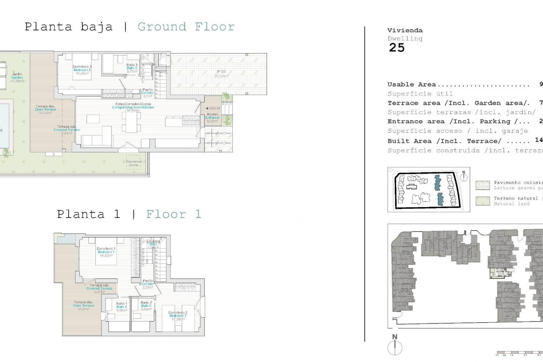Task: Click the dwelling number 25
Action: [x=397, y=48]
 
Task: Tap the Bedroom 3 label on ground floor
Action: [x=82, y=70]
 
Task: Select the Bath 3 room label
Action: [x=132, y=68]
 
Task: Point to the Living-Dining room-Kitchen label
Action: [x=133, y=107]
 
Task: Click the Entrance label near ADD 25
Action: [x=212, y=117]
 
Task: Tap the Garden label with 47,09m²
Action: [x=17, y=77]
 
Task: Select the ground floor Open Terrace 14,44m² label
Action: [x=45, y=109]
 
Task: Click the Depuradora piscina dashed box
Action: [x=133, y=163]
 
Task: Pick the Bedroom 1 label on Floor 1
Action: [x=106, y=252]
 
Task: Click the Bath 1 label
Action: [x=122, y=307]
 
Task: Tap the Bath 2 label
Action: [x=146, y=305]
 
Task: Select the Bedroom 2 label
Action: [x=178, y=316]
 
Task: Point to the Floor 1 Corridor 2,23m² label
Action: [x=148, y=284]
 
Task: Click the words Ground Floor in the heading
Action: [x=186, y=27]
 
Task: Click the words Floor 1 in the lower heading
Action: [x=174, y=214]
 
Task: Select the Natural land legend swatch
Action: [x=482, y=201]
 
